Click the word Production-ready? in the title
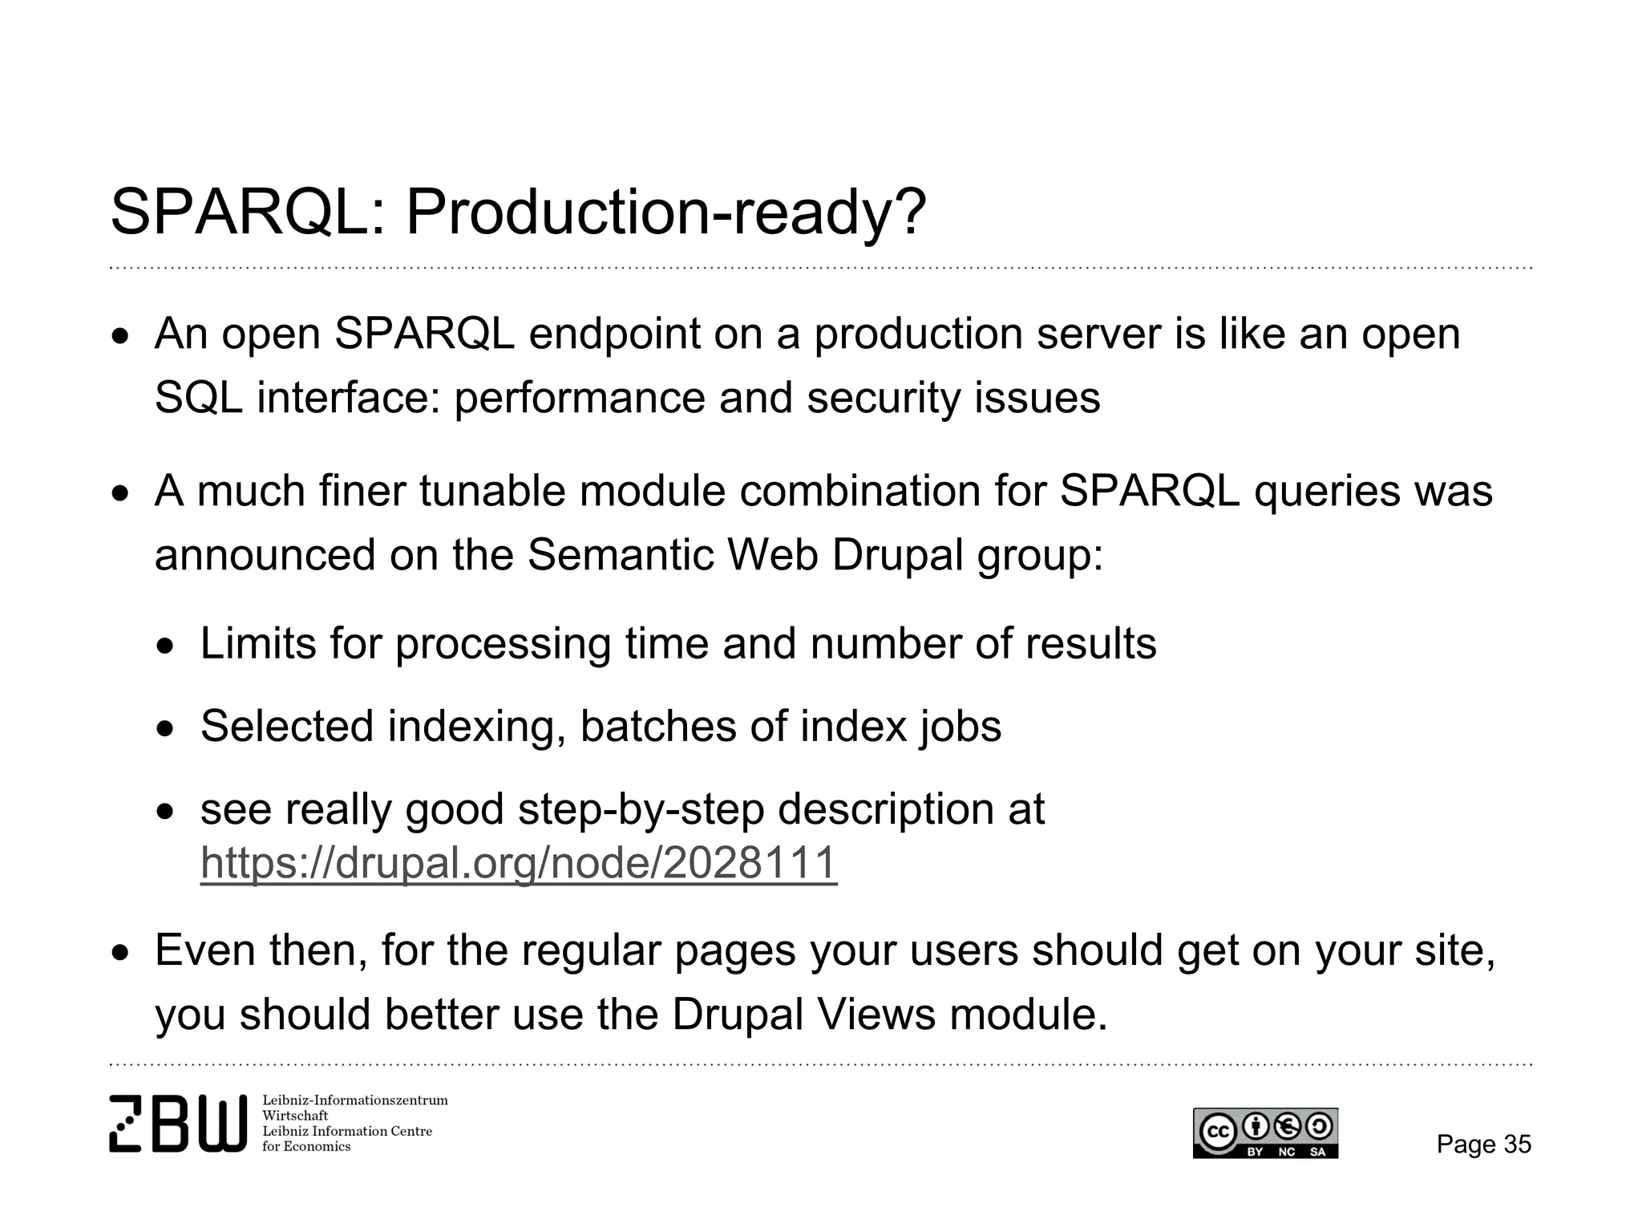tap(665, 213)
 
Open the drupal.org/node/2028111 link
tap(519, 864)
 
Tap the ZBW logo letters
tap(178, 1123)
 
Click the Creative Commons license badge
tap(1265, 1133)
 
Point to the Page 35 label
tap(1483, 1144)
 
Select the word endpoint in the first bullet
tap(614, 334)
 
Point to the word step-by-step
tap(641, 809)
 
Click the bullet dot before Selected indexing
tap(165, 729)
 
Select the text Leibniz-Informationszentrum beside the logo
tap(354, 1100)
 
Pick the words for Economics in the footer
tap(306, 1147)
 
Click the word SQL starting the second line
tap(198, 398)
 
